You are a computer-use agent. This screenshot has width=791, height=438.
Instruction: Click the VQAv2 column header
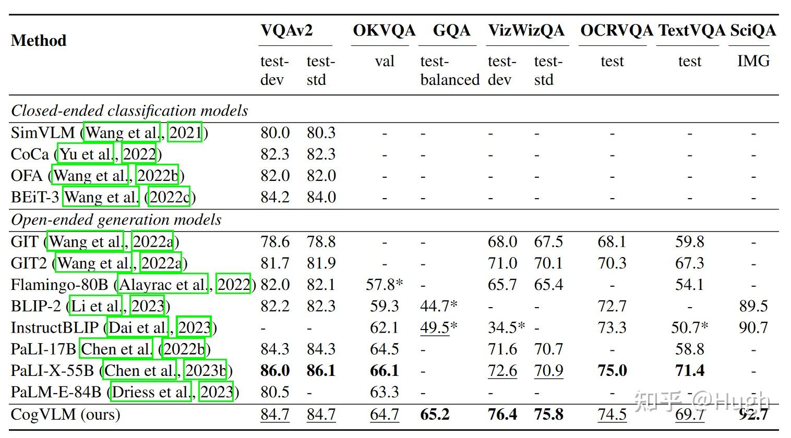point(286,30)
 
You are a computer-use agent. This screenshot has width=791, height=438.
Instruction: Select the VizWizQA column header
point(526,30)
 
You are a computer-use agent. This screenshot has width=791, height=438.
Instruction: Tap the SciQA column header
point(752,30)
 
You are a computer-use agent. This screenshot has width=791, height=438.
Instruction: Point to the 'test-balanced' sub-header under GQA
point(450,71)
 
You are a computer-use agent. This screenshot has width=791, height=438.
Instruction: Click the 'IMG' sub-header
point(753,61)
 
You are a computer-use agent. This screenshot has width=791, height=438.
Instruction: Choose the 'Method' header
point(39,41)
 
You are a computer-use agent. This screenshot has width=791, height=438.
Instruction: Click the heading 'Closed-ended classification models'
point(129,111)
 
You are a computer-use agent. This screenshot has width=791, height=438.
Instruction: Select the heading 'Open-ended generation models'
point(116,220)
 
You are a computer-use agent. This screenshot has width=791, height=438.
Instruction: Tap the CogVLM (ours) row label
point(66,415)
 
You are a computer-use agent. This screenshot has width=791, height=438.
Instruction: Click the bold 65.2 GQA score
point(435,415)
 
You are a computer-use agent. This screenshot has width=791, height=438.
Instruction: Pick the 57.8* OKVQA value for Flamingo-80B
point(385,285)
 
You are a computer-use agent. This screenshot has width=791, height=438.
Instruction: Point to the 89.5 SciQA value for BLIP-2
point(753,306)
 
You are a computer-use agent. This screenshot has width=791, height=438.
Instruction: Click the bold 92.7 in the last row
point(753,415)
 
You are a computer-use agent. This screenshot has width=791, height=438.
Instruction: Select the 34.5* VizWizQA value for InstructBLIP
point(506,328)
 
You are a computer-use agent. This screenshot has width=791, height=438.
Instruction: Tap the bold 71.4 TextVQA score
point(689,371)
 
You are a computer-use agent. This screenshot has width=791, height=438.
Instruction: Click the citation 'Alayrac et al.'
point(163,285)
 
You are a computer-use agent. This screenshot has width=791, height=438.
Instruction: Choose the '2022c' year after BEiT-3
point(169,197)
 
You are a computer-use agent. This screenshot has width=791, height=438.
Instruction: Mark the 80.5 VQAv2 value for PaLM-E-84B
point(275,392)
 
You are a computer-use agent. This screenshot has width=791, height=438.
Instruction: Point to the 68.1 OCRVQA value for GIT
point(612,242)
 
